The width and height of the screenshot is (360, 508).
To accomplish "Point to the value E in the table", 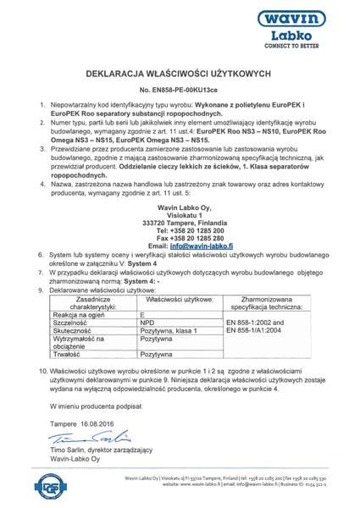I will tap(141, 314).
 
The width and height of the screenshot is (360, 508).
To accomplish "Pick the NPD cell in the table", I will tap(146, 323).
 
